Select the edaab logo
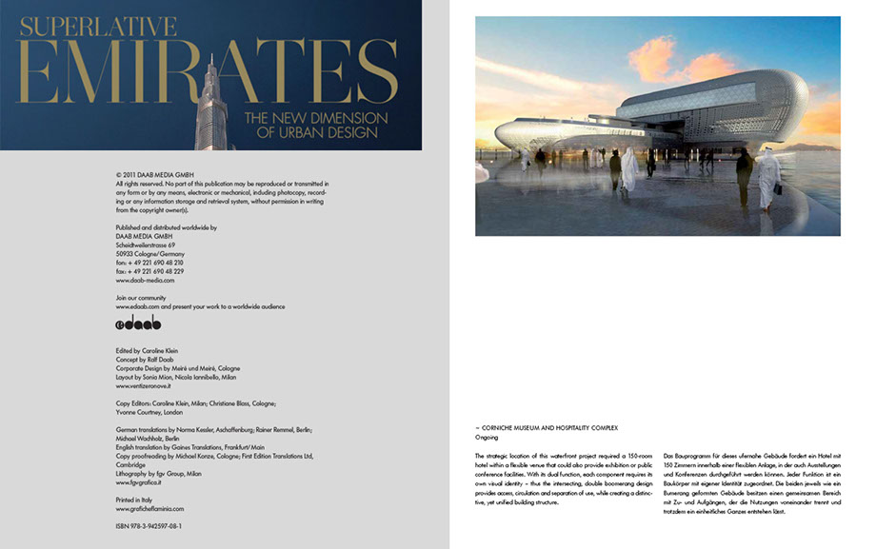137,323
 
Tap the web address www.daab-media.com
144,281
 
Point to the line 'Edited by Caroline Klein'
146,350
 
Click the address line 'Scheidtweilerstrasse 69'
144,245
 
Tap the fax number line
149,271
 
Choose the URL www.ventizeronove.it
149,386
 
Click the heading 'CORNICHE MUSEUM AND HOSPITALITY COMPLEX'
551,428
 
